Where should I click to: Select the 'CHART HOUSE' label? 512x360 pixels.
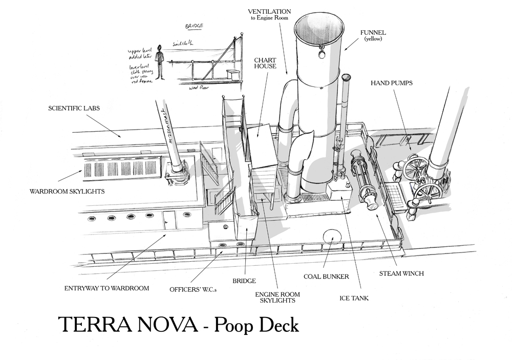tap(265, 63)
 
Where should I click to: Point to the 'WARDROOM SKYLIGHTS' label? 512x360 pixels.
tap(68, 192)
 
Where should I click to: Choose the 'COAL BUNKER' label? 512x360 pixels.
tap(326, 277)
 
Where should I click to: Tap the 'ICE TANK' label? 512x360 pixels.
tap(354, 298)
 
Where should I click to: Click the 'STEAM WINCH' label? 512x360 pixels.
tap(401, 273)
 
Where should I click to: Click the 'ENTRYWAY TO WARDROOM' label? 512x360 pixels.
tap(107, 288)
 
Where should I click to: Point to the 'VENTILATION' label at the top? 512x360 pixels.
tap(269, 11)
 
